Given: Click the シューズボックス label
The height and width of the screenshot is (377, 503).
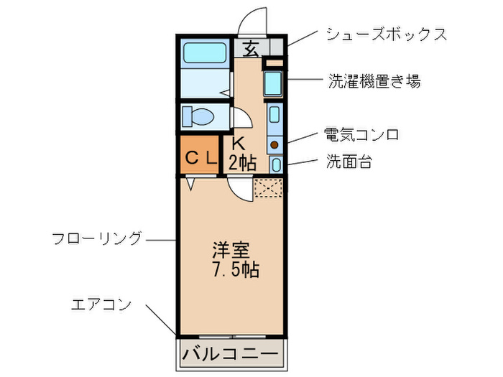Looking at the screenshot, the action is coord(387,34).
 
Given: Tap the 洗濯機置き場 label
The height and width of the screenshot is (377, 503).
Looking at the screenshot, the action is coord(374,81).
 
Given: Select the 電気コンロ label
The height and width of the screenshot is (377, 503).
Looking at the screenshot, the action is coord(361,134).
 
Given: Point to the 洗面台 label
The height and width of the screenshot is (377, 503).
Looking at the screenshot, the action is coord(349,162).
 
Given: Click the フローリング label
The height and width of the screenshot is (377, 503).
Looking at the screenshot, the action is coord(96,238).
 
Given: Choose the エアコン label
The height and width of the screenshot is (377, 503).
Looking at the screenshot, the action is coord(101,304).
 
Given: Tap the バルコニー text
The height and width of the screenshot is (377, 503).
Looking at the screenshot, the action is coord(230,354).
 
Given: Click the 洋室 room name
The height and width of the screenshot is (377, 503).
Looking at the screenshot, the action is coord(231,251).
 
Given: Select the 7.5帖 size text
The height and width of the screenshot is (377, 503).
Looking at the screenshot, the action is coord(236,269).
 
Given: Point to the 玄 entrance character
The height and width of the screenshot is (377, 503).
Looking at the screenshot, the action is coord(251,49).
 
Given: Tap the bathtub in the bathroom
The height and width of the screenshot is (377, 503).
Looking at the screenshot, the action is coord(204,53).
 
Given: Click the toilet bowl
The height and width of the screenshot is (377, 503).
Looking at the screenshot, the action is coord(198,116).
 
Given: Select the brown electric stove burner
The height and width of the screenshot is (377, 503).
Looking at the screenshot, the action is coord(274,145).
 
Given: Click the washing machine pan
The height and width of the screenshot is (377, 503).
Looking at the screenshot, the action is coord(272,83).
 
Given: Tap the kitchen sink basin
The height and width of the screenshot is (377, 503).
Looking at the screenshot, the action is coord(274,114).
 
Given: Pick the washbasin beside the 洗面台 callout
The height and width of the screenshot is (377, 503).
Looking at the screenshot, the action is coord(276,164).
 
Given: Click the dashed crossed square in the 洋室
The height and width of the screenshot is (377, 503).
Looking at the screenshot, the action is coord(268,187).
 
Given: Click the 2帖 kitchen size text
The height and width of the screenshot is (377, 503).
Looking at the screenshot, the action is coord(242,162).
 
